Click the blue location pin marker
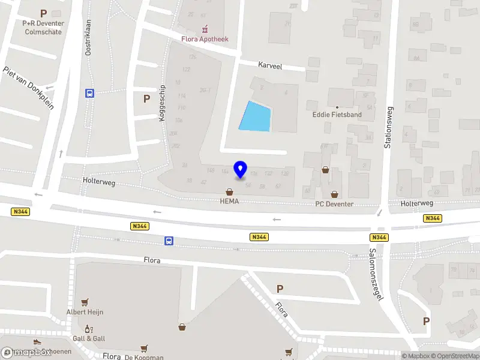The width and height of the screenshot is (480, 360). (x=240, y=170)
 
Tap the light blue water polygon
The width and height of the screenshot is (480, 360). (x=255, y=116)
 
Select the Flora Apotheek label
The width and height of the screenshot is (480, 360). (x=206, y=40)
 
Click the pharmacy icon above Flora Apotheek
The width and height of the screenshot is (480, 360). (x=206, y=28)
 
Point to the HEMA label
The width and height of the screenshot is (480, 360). (x=229, y=202)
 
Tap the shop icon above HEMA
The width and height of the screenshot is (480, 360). (x=229, y=192)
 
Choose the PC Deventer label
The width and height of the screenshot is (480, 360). (x=334, y=204)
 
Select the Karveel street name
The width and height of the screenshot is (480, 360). (x=270, y=64)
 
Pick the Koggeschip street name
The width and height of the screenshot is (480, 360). (x=162, y=103)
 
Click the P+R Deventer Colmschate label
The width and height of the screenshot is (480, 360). (x=43, y=28)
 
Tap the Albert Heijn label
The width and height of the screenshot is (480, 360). (x=85, y=312)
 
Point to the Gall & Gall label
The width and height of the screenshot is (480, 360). (x=89, y=338)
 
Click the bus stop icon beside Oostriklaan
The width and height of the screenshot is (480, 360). (x=89, y=93)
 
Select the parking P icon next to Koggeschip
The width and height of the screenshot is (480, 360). (x=146, y=98)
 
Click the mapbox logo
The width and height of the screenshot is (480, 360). (x=26, y=352)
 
